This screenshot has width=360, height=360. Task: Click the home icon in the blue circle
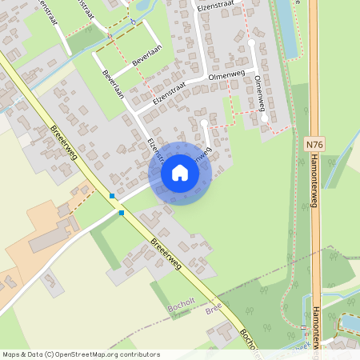180,173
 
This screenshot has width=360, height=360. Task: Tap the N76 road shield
314,144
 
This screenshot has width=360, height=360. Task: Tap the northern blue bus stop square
113,195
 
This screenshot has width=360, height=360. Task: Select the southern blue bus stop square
122,213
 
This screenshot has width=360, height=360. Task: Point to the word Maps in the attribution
12,354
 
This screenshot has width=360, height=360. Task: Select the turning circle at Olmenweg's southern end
264,118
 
